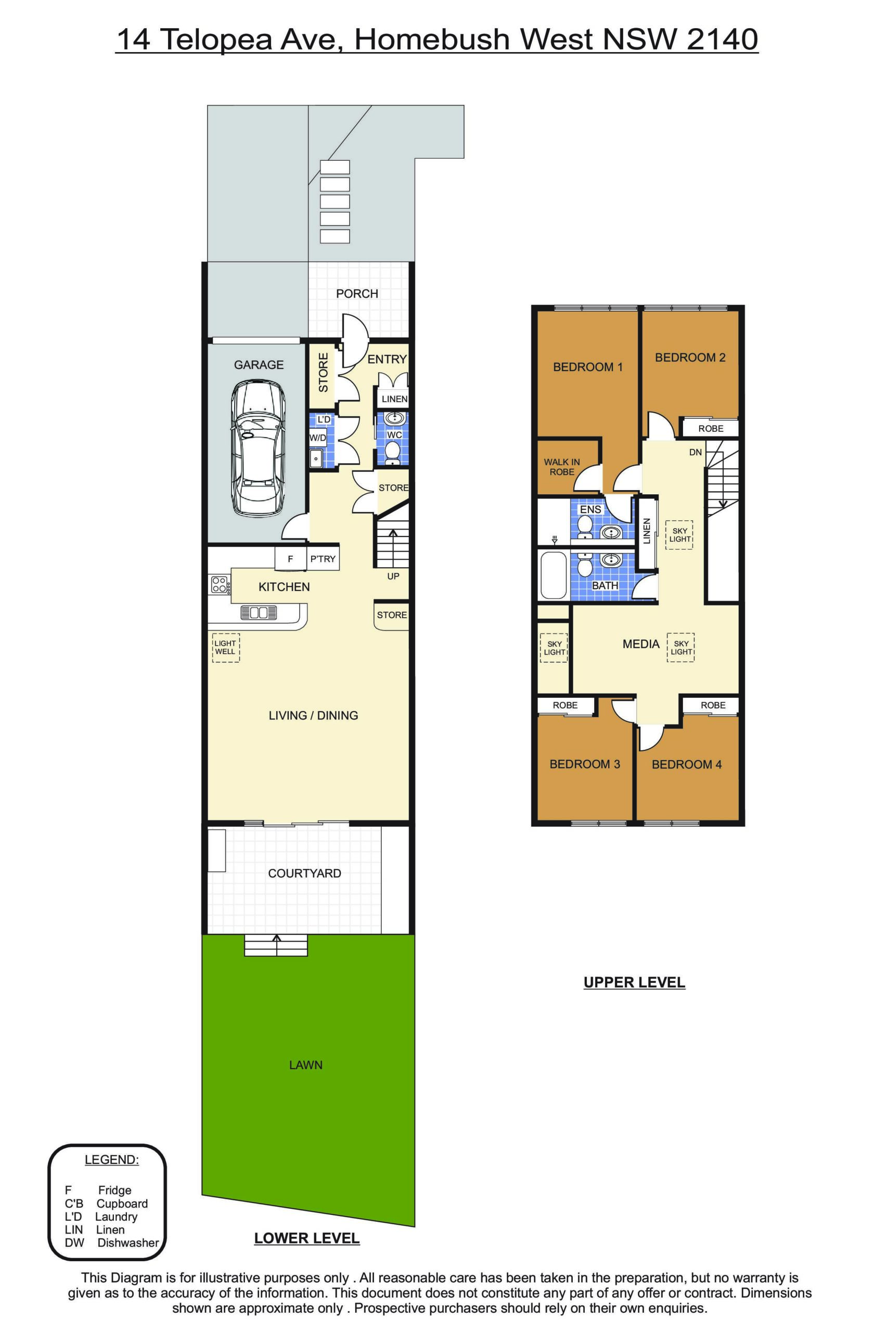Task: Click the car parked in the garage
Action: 258,449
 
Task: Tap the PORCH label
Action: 357,294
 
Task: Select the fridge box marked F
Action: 290,558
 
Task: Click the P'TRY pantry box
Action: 323,558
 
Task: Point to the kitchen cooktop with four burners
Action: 219,585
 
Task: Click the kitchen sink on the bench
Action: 259,613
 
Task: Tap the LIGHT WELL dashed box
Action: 225,648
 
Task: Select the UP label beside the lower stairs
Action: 393,576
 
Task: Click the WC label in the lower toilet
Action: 394,435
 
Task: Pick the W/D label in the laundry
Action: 317,438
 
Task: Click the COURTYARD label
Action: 304,873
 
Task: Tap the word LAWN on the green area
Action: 305,1065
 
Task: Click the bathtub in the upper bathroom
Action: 553,575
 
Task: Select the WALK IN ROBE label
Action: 562,467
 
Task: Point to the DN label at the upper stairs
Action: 696,452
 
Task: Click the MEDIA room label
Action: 641,644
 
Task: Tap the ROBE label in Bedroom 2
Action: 711,429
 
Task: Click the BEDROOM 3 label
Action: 585,764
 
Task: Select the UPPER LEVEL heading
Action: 634,983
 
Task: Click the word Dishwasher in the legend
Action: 128,1243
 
